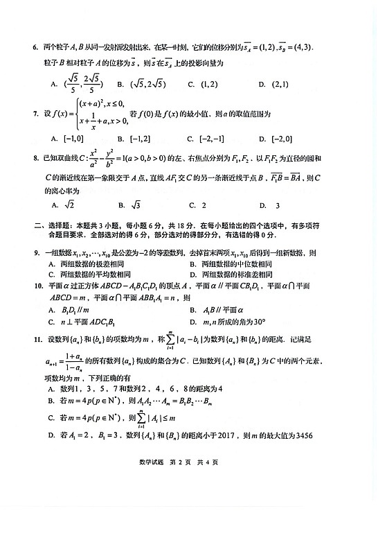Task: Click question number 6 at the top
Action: click(35, 48)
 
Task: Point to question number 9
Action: click(35, 254)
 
